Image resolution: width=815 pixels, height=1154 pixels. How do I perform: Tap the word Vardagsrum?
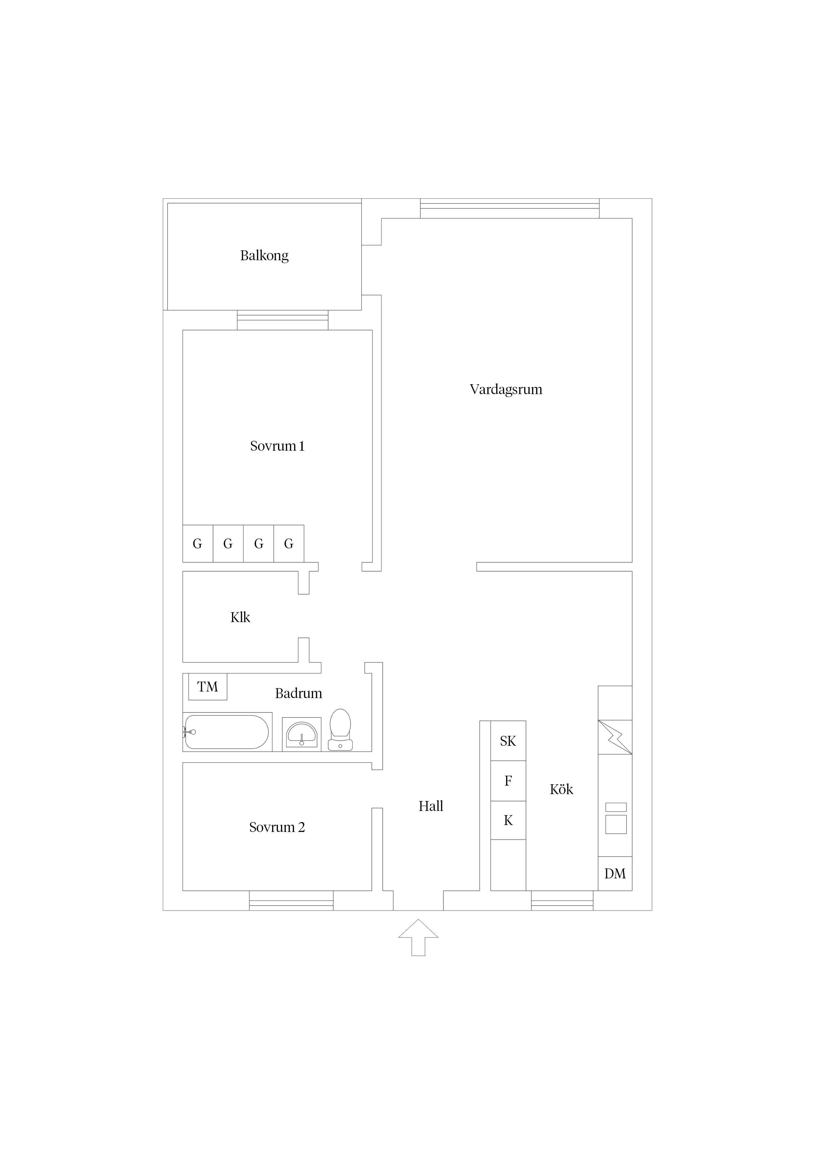[506, 389]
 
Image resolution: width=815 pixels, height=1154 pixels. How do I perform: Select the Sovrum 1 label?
[277, 446]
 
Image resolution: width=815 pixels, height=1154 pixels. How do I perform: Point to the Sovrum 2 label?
[277, 827]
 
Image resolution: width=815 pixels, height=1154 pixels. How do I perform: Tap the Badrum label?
[298, 693]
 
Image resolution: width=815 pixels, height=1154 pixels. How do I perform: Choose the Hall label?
[431, 806]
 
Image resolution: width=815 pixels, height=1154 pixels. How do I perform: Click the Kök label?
[561, 789]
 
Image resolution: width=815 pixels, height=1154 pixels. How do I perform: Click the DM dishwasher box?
[615, 873]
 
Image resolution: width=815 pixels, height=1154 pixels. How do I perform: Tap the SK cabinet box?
[508, 741]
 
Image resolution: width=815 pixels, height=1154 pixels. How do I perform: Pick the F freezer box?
[508, 781]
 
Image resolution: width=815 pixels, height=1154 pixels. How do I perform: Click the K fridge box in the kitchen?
[508, 820]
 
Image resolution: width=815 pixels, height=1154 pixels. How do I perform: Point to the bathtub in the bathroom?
[227, 732]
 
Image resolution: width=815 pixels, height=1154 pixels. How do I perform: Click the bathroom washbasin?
[301, 734]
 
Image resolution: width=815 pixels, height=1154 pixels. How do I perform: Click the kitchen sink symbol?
[616, 818]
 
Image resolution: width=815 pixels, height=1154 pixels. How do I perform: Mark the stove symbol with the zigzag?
[615, 737]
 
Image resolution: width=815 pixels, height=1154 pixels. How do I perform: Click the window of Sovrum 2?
[291, 901]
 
